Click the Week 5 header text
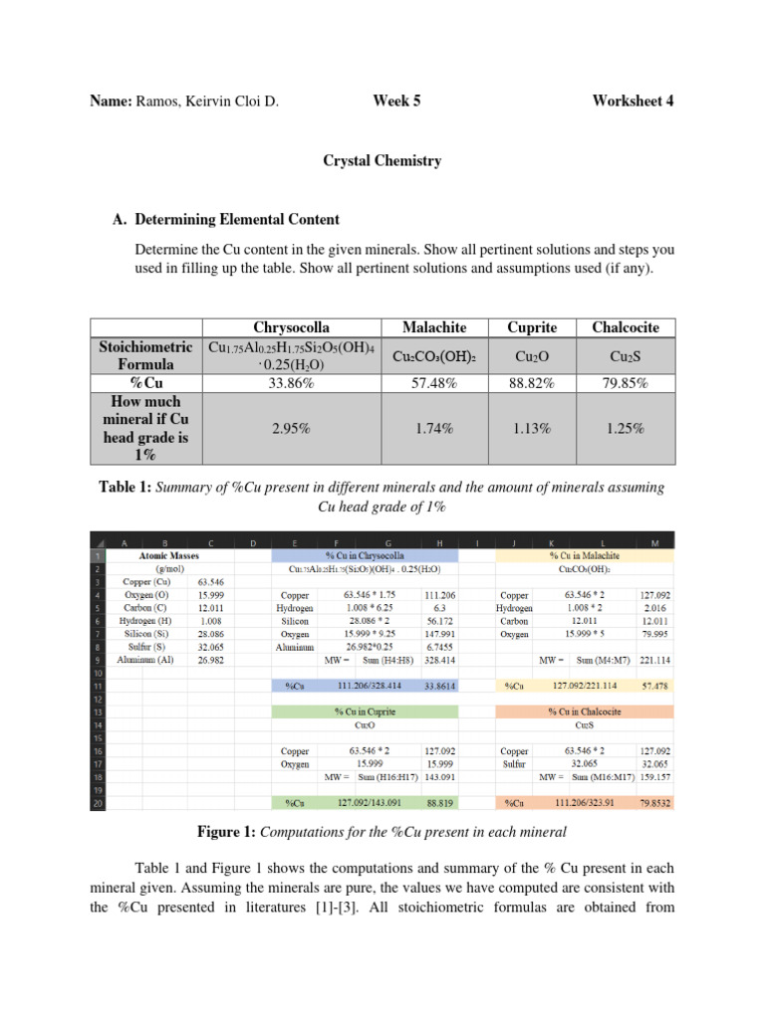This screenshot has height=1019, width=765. [395, 101]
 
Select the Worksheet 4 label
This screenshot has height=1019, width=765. [633, 101]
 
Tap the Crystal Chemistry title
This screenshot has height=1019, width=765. [382, 160]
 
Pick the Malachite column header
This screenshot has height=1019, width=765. [433, 327]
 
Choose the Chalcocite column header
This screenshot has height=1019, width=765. [633, 327]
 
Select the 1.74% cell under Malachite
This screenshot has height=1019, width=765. [433, 429]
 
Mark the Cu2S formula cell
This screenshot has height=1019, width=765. [633, 356]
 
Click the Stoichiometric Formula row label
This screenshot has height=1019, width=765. [146, 355]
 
